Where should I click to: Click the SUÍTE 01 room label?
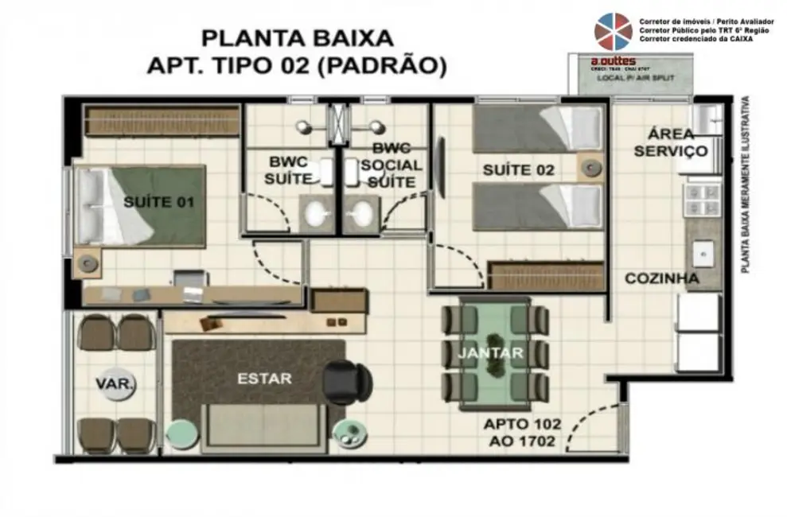158,202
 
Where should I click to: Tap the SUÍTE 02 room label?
519,170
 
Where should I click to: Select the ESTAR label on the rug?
264,379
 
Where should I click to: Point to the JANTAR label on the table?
490,353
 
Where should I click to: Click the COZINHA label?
661,279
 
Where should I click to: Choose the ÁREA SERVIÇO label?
670,142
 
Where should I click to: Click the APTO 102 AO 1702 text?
522,433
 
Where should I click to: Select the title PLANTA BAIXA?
297,37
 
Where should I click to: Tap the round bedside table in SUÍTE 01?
89,262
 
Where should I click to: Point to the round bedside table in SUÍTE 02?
590,167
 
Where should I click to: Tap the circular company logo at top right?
613,32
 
